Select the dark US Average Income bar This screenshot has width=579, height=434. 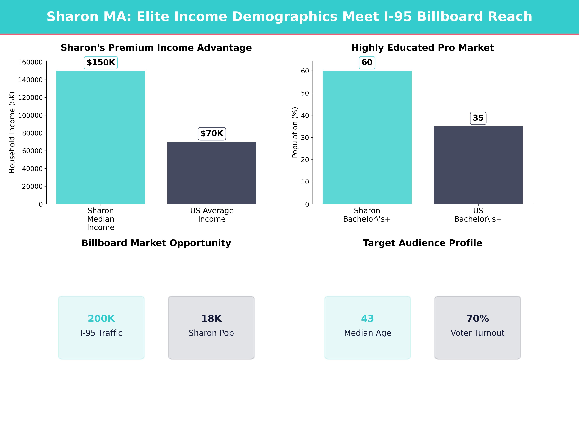coord(212,173)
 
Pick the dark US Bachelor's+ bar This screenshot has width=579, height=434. coord(478,165)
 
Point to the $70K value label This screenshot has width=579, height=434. coord(212,134)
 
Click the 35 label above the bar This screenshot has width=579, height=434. coord(478,118)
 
